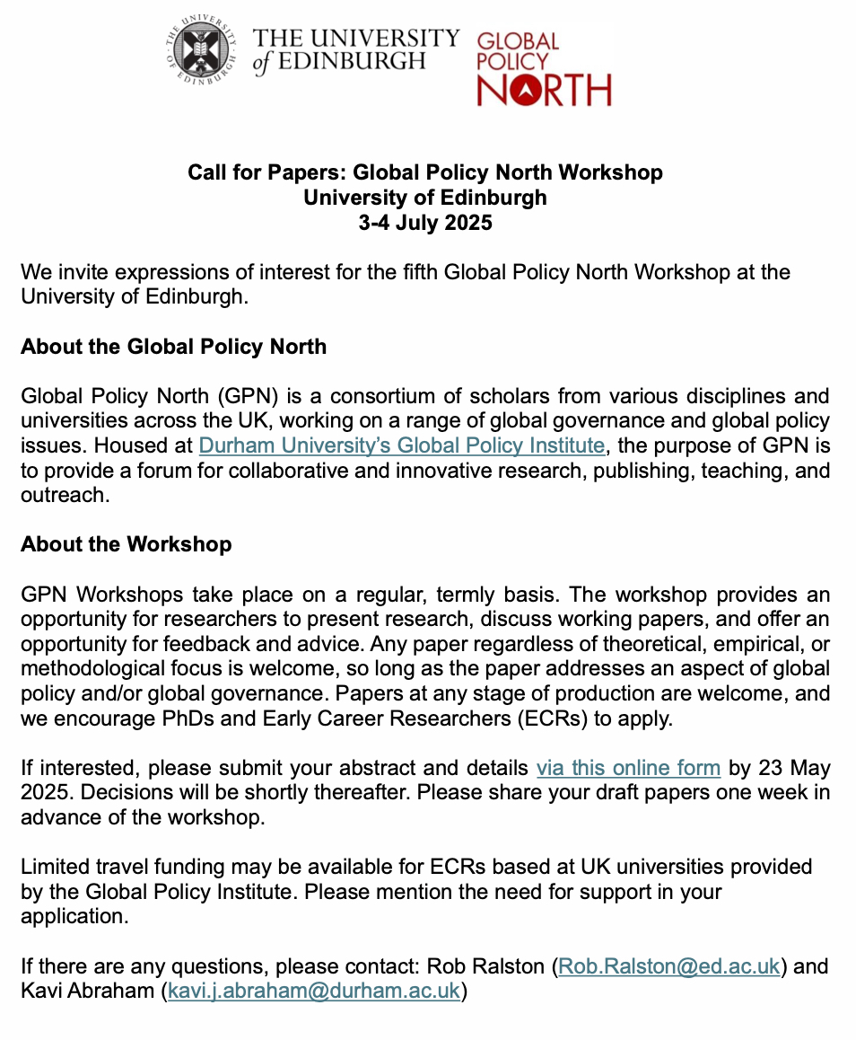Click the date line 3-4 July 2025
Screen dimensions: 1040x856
425,222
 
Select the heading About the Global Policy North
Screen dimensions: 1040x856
173,346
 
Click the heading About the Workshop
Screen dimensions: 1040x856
126,544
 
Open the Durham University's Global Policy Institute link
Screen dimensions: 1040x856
401,445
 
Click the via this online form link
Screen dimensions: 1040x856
628,768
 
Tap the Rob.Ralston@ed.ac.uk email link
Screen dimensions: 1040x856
668,966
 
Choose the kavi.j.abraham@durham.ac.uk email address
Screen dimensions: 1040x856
314,992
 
